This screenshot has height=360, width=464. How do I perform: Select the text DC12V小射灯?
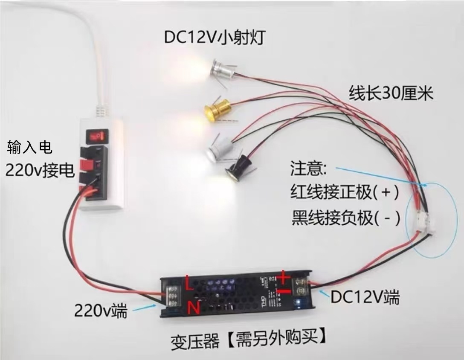click(x=215, y=38)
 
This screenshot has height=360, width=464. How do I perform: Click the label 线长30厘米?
click(x=391, y=93)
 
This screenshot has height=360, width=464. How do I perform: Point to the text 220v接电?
click(x=40, y=171)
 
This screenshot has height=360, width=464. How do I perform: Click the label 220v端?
click(x=101, y=311)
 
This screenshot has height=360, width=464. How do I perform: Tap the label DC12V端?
click(x=365, y=297)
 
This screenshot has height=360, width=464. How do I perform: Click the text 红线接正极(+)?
click(x=345, y=193)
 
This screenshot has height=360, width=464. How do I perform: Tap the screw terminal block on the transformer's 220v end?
click(x=174, y=295)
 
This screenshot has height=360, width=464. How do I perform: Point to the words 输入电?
click(x=30, y=148)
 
